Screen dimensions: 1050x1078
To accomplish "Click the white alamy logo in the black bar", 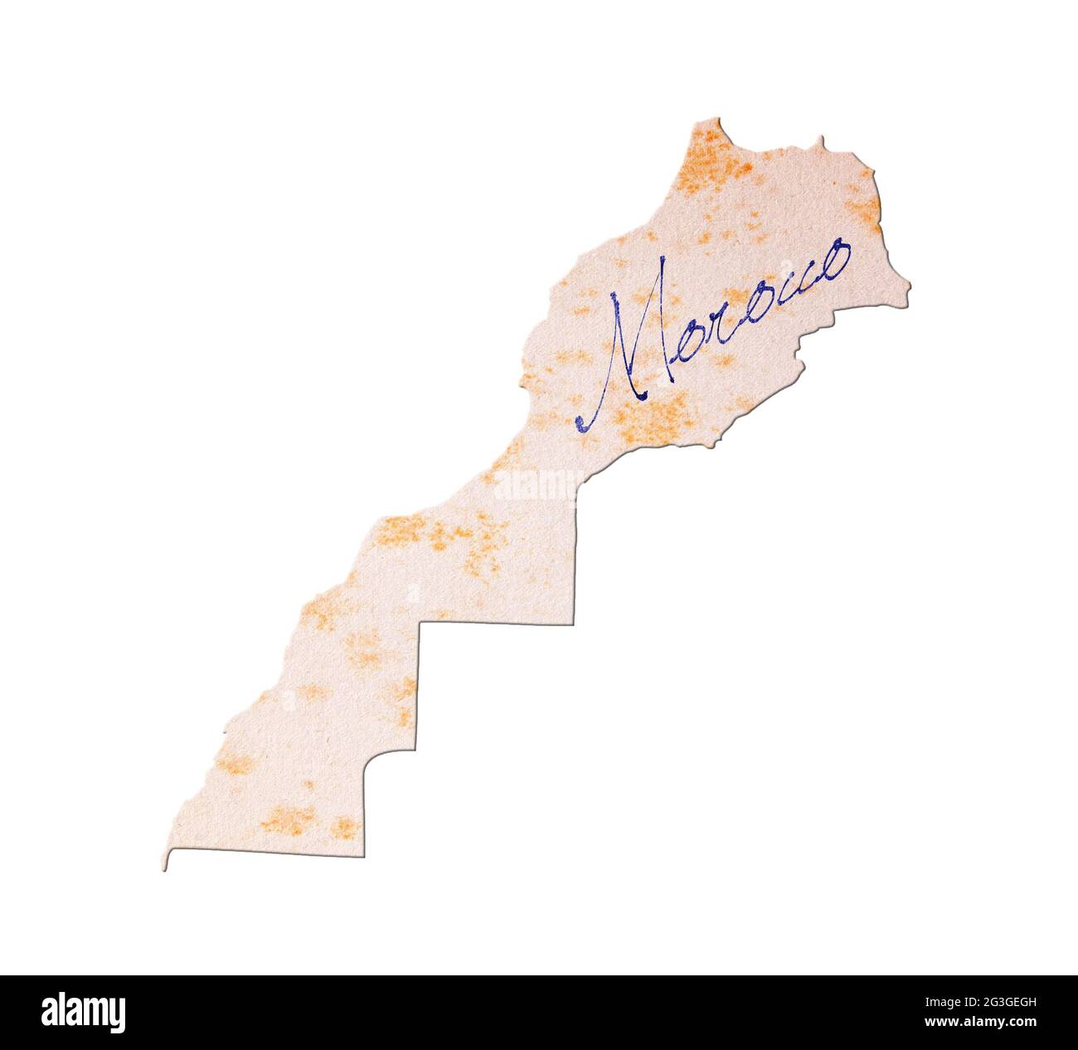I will point(84,1013).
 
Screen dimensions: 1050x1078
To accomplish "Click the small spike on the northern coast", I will point(821,139).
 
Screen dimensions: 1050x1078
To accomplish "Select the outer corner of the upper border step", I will point(574,622).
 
